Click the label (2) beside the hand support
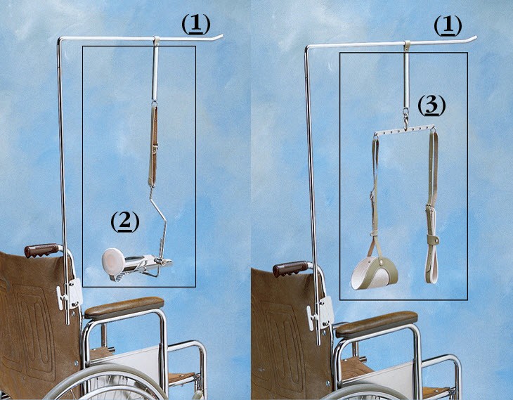point(125,221)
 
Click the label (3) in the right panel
point(431,106)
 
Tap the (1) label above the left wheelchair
point(195,24)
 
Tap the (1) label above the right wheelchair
point(448,26)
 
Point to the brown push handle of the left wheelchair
point(41,250)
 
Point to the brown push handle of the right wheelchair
point(291,268)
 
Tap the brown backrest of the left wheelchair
point(28,316)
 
